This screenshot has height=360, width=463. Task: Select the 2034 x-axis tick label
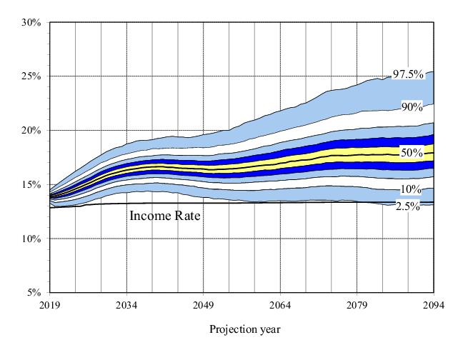pos(126,306)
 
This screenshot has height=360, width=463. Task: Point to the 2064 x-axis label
pos(280,306)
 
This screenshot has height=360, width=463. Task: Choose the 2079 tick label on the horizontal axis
pos(357,306)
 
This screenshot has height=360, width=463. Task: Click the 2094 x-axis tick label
pos(433,306)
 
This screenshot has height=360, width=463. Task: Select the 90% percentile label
pos(412,107)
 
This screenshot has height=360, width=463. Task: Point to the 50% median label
pos(412,153)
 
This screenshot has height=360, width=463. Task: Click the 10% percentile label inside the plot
pos(412,190)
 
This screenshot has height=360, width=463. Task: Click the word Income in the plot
pos(151,213)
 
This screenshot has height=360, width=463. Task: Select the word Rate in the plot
pos(186,213)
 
